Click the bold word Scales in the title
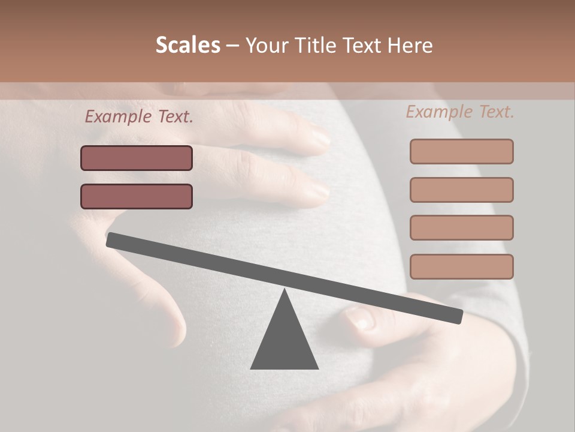click(187, 46)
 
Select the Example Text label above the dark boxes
click(139, 117)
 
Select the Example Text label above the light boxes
click(460, 112)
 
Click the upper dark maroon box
click(137, 158)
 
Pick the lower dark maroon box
click(137, 197)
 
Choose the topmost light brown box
click(461, 152)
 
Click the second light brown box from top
click(461, 190)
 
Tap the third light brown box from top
click(461, 228)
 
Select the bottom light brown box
click(461, 267)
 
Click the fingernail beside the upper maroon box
click(320, 139)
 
